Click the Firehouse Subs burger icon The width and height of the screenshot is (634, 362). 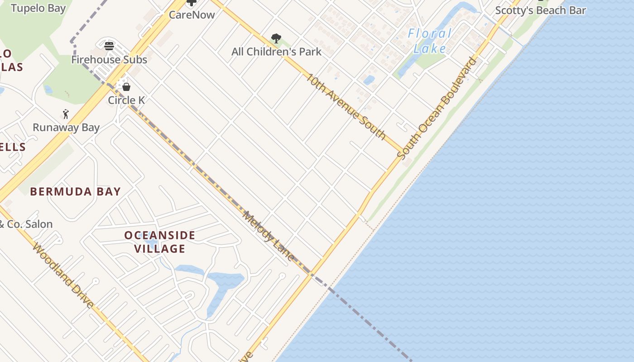(x=109, y=46)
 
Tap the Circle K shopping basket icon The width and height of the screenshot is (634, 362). (x=126, y=86)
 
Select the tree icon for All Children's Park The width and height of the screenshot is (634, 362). (x=276, y=38)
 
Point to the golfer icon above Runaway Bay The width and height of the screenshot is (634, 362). (x=66, y=114)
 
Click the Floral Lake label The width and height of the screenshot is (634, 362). (x=429, y=41)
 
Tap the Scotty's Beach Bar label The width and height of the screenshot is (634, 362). (x=540, y=10)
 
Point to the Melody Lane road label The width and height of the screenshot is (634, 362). (x=268, y=236)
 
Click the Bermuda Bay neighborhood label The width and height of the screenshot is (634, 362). (x=75, y=191)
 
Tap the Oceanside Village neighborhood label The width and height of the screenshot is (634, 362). (x=160, y=242)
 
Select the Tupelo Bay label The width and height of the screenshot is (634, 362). (x=38, y=8)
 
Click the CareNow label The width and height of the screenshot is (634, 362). (x=192, y=14)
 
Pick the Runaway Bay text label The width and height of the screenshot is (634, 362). (x=66, y=128)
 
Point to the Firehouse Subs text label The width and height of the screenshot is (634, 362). (x=109, y=60)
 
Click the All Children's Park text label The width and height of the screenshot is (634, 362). (x=276, y=52)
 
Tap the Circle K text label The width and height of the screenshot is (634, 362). (x=126, y=100)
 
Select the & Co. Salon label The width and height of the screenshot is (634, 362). (x=26, y=224)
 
